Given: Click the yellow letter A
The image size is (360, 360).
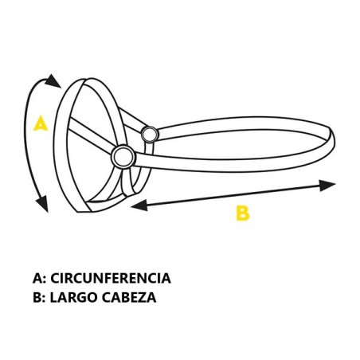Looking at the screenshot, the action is click(41, 123).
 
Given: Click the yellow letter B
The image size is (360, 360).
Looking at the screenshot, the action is click(243, 213).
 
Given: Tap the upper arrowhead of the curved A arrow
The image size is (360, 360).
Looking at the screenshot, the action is click(53, 80).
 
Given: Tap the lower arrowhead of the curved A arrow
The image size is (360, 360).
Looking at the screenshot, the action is click(42, 204).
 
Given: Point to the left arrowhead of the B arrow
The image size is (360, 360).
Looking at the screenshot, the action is click(139, 205).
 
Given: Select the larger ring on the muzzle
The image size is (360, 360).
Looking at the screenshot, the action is click(123, 156).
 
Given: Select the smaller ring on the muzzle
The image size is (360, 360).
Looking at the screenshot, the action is click(150, 135).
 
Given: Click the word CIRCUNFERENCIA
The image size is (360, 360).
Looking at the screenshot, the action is click(111, 278).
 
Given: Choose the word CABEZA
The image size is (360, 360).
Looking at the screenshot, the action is click(129, 297).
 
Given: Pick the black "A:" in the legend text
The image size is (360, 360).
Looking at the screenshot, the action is click(39, 278).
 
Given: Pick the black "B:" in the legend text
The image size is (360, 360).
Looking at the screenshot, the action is click(39, 297).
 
